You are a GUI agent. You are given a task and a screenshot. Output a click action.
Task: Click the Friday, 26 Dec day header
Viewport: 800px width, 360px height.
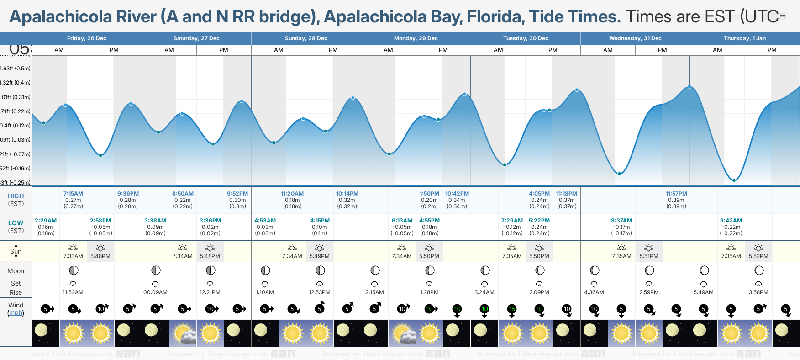tap(87, 38)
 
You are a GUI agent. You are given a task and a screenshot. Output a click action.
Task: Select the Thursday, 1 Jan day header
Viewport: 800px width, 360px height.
tap(745, 38)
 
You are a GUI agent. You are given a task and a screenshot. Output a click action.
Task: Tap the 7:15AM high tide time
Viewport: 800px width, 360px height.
tap(73, 194)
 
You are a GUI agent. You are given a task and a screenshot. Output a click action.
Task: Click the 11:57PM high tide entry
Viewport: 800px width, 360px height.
tap(676, 194)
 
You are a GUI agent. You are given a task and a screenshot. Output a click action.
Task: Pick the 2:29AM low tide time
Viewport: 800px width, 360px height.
tap(46, 221)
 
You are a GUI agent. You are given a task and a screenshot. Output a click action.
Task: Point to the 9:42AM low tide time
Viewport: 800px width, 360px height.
tap(731, 221)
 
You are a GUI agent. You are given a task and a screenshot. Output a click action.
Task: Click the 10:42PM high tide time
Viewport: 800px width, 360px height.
tap(457, 194)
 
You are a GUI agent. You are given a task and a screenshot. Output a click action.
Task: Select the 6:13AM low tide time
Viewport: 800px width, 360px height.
tap(402, 221)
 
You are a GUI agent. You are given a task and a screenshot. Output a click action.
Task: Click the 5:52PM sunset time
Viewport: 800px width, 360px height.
tap(758, 256)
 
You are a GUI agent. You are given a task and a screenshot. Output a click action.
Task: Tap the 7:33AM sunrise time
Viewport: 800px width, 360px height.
tap(73, 256)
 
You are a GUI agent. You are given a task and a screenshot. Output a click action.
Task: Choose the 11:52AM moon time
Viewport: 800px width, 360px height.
tap(73, 292)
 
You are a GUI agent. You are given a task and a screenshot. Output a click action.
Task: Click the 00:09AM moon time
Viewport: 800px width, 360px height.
tap(155, 292)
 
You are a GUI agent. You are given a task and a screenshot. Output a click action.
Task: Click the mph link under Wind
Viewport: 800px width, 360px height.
tap(16, 313)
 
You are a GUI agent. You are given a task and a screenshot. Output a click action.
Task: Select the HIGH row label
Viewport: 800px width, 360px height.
tap(16, 196)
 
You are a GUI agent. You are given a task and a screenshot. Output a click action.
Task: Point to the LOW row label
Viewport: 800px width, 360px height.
tap(16, 223)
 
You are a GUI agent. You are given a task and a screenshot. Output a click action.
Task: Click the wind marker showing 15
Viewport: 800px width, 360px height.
tap(512, 309)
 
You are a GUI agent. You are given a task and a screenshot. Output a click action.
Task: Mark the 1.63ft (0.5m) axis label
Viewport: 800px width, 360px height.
tap(16, 69)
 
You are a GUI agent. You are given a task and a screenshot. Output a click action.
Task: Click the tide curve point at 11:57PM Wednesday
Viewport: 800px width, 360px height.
tap(689, 86)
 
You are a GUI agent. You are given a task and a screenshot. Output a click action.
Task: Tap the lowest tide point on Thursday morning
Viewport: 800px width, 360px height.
tap(734, 180)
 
